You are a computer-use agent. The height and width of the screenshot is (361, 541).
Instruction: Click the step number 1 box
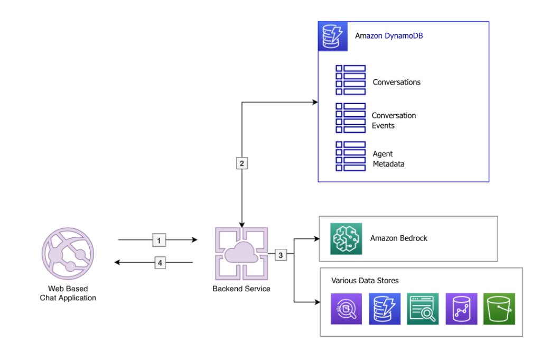159,240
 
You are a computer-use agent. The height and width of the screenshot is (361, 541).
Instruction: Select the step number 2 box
241,163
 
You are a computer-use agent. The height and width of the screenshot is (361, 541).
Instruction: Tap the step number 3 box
281,255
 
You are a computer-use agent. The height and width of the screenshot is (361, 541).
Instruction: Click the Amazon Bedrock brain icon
346,239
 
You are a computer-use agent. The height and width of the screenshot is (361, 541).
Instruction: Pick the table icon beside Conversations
350,80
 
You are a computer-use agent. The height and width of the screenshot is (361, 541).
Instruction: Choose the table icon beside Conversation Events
350,118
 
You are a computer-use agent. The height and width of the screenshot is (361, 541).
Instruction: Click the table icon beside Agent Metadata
350,156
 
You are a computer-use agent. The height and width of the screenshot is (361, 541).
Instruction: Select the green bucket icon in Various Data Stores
499,309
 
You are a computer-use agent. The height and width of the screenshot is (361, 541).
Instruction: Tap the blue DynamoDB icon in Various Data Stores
384,309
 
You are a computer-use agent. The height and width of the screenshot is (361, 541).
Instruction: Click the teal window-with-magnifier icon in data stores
423,309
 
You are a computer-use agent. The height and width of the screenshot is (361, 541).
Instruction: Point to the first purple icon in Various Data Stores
346,309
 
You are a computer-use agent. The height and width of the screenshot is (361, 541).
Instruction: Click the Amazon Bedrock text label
398,238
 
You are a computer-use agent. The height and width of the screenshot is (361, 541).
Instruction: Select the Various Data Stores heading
365,280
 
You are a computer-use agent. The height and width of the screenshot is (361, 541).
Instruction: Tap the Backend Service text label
241,289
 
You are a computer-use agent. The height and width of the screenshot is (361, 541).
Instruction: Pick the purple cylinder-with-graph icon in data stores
461,309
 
